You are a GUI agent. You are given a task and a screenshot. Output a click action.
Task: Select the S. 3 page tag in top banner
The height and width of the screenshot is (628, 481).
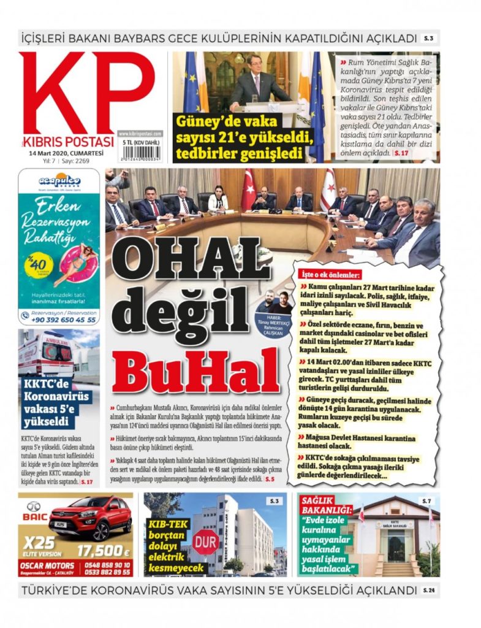tap(428, 39)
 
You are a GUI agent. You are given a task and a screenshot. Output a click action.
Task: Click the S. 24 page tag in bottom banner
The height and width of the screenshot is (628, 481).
tap(430, 591)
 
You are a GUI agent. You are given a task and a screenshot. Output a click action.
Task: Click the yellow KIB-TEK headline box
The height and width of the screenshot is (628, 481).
tap(168, 543)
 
